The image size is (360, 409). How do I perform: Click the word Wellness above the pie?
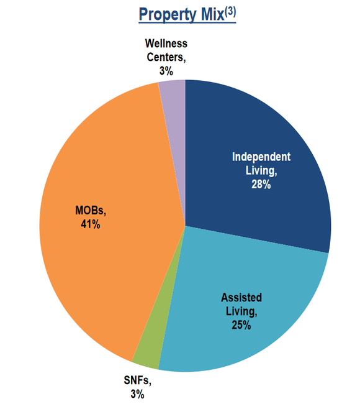tap(166, 44)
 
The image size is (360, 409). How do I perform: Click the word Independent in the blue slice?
tap(261, 156)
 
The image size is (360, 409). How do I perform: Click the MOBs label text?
tap(87, 211)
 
